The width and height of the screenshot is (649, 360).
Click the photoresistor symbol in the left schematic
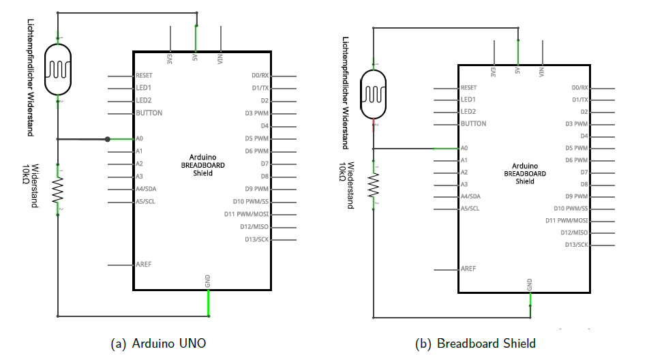click(57, 69)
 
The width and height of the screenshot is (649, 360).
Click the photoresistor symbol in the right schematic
click(374, 94)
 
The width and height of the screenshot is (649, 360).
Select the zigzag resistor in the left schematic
click(58, 190)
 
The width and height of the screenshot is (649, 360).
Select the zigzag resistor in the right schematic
click(374, 185)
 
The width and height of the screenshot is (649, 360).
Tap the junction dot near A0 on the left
click(108, 140)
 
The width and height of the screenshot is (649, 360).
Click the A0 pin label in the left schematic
click(140, 138)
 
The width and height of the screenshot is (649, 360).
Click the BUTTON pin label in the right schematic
click(474, 123)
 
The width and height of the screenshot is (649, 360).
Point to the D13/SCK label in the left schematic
click(256, 239)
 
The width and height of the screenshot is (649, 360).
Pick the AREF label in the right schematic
click(468, 269)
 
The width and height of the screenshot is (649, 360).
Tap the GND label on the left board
click(208, 281)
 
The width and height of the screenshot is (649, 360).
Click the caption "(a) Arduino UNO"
click(158, 344)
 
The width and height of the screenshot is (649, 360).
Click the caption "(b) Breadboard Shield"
click(475, 344)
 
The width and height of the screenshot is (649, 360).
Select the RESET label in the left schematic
click(144, 76)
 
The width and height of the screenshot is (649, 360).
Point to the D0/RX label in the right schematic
click(580, 88)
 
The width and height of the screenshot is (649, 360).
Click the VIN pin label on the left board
click(220, 59)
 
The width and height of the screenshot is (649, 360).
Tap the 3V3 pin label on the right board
click(493, 72)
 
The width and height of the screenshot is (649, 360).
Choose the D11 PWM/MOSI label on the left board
click(247, 214)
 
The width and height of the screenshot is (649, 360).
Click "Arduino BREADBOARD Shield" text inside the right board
click(525, 174)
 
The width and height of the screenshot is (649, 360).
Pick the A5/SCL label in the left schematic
click(146, 202)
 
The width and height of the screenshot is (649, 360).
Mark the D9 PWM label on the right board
click(577, 196)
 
